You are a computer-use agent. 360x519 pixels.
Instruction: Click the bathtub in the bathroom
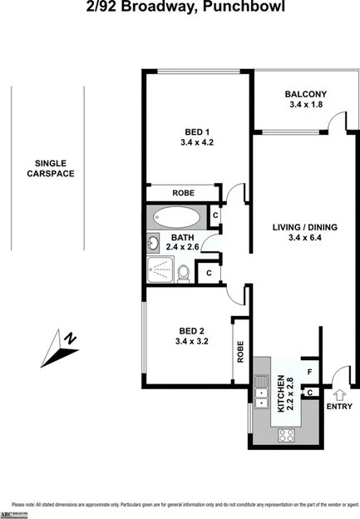177,219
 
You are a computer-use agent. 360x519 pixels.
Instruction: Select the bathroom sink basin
154,245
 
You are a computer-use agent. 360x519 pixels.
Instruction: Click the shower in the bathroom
160,269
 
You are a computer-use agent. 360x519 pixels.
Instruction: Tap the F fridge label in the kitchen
308,371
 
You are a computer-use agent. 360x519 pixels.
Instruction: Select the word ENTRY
339,406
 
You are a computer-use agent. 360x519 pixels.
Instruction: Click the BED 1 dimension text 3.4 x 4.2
196,142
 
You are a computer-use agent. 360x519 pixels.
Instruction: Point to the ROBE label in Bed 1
183,192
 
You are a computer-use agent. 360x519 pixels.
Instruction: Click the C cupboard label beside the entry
309,392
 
